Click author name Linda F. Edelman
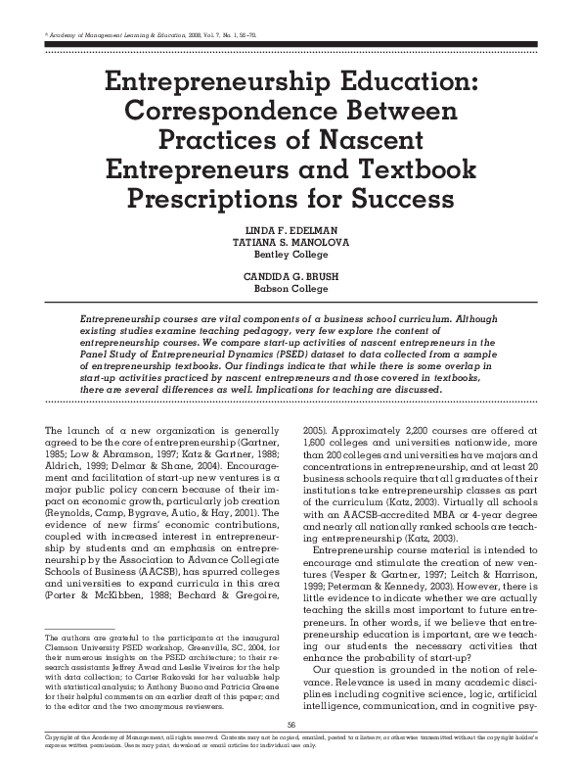point(290,232)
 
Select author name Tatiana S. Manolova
point(290,244)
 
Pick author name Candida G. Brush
point(290,277)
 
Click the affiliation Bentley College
point(290,256)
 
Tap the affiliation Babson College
point(290,289)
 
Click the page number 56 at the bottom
point(290,722)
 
